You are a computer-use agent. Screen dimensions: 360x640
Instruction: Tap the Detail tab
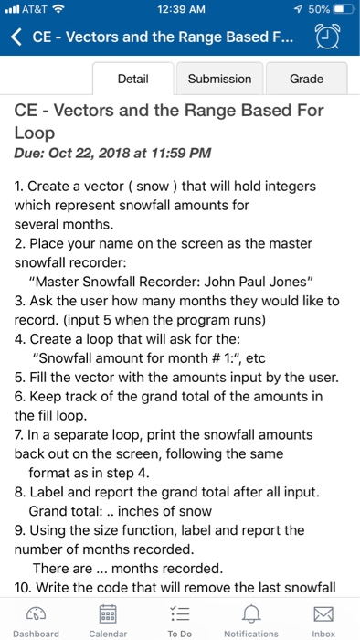133,79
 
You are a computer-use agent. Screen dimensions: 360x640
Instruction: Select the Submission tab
219,79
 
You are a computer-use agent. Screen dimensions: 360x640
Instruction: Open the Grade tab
306,79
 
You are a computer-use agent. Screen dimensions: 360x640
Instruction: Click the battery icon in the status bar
340,10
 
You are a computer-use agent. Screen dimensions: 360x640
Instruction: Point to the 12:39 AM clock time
180,10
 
